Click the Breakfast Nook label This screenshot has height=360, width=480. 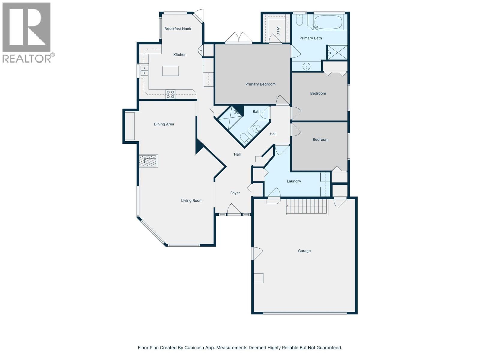click(x=178, y=29)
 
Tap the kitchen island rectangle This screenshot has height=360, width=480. click(x=170, y=71)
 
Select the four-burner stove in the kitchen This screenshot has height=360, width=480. click(x=170, y=94)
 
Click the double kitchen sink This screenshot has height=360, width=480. click(x=144, y=71)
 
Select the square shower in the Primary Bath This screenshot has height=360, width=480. click(x=337, y=52)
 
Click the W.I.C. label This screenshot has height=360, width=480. click(x=278, y=31)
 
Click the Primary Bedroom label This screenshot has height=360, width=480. click(x=260, y=84)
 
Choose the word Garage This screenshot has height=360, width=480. click(x=304, y=251)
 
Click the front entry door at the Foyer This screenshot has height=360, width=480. click(x=234, y=210)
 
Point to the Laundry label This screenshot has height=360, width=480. click(x=294, y=181)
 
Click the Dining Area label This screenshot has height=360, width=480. click(x=164, y=124)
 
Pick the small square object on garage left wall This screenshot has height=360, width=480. click(x=259, y=278)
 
